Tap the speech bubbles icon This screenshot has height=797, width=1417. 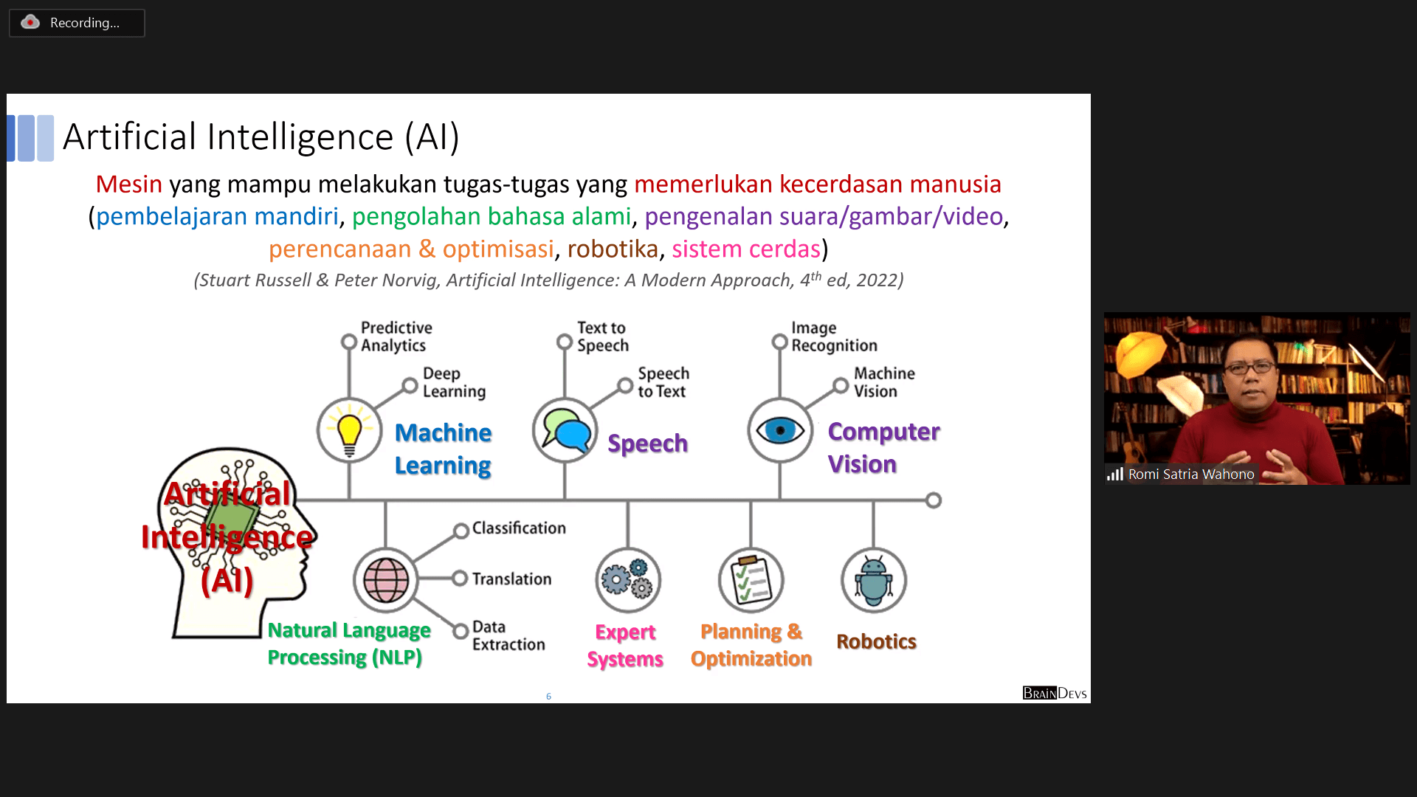coord(565,431)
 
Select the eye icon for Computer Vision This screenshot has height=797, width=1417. coord(780,431)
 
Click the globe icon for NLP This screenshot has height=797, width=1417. coord(386,580)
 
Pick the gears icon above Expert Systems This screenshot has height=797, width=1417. coord(628,580)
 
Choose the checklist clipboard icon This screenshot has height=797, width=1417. coord(751,580)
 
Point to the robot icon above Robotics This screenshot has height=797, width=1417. coord(874,580)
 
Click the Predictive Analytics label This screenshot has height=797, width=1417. coord(396,337)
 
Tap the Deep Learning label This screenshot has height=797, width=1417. coord(454,382)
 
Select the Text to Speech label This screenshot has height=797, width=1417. coord(603,337)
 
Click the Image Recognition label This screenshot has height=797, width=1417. coord(834,337)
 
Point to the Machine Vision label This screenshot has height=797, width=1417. coord(884,382)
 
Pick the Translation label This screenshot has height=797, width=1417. coord(511,579)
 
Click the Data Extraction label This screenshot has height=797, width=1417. coord(508,635)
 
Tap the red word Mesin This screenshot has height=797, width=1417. coord(129,184)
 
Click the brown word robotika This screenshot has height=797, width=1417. coord(613,249)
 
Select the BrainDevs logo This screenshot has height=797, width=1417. coord(1055,693)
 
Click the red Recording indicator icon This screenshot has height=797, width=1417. coord(30,22)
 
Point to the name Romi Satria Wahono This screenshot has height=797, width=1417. coord(1191,475)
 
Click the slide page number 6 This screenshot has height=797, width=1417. coord(548,696)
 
